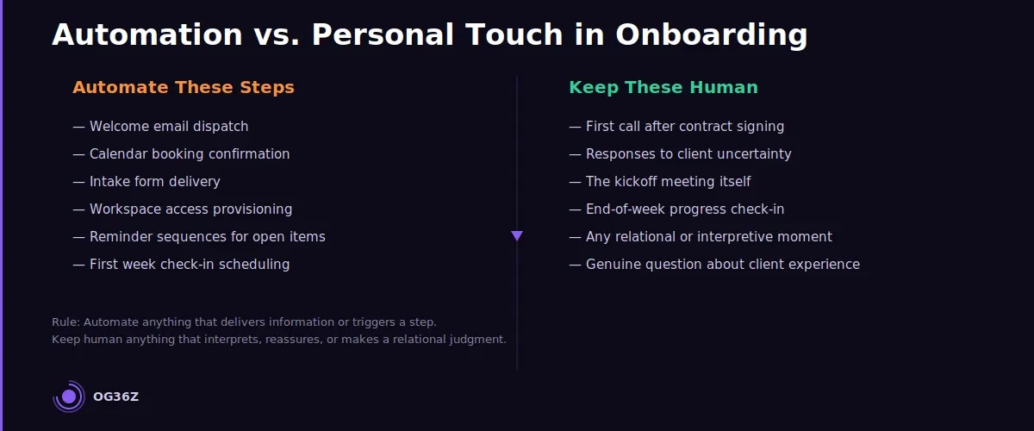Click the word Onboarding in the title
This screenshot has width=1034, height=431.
(711, 35)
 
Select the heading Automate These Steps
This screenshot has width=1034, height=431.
(184, 87)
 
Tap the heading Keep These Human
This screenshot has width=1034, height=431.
(663, 87)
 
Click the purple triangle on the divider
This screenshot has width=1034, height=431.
(517, 235)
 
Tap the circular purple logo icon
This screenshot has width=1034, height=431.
(69, 397)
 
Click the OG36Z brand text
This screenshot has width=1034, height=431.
(115, 397)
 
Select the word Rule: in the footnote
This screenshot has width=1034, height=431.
(65, 322)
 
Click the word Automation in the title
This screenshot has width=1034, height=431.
(146, 35)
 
